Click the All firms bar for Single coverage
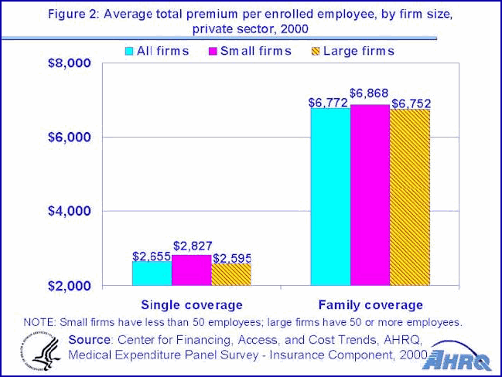(x=152, y=273)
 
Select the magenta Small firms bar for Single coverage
(x=191, y=270)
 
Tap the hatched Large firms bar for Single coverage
(x=231, y=274)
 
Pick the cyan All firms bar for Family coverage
(x=330, y=197)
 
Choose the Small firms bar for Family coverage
(x=370, y=195)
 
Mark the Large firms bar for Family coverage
(x=410, y=197)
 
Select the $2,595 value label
(x=232, y=257)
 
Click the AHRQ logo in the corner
(x=459, y=356)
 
